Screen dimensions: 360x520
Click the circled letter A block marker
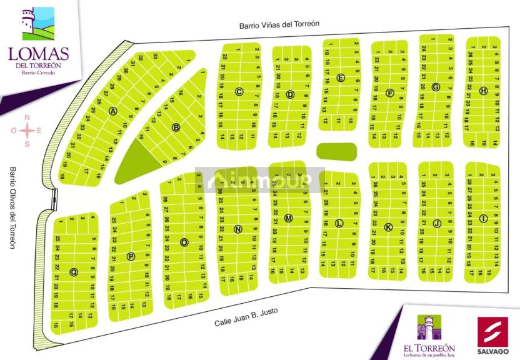coord(113,111)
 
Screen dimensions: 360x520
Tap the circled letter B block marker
coord(176,127)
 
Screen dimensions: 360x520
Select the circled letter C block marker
coord(239,92)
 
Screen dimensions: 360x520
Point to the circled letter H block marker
coord(483,91)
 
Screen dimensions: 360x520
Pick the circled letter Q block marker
coord(74,272)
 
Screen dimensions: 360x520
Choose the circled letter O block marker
coord(184,242)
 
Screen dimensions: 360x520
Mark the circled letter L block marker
coord(339,223)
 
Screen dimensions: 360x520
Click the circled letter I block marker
coord(483,217)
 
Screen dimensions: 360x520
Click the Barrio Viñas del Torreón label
coord(279,25)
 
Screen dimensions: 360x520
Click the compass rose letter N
coord(27,117)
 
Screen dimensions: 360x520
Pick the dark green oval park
coord(336,151)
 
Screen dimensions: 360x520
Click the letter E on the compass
coord(39,131)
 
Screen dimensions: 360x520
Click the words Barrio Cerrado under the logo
coord(39,73)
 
